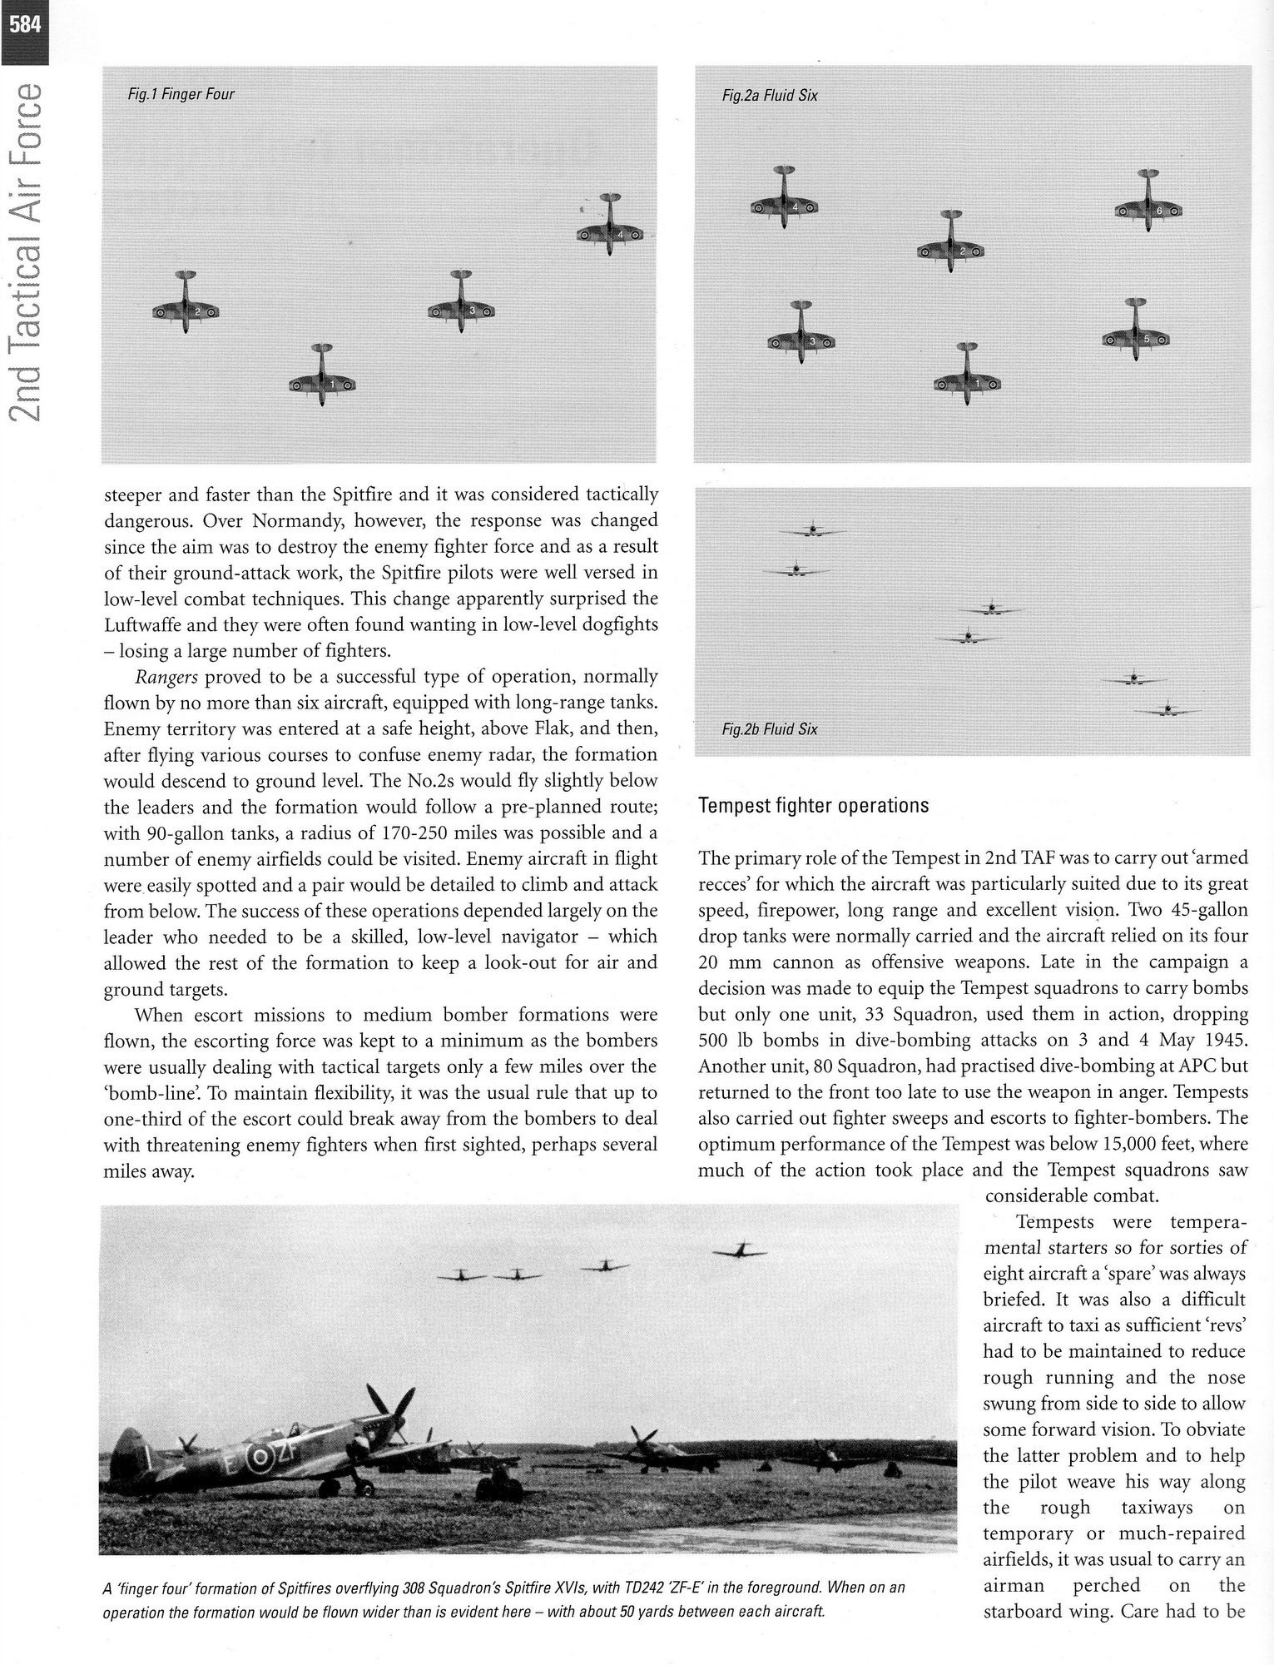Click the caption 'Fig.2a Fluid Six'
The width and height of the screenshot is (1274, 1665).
click(770, 96)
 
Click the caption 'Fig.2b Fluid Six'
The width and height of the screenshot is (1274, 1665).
click(770, 729)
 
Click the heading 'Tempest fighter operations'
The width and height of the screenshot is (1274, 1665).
click(813, 806)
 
